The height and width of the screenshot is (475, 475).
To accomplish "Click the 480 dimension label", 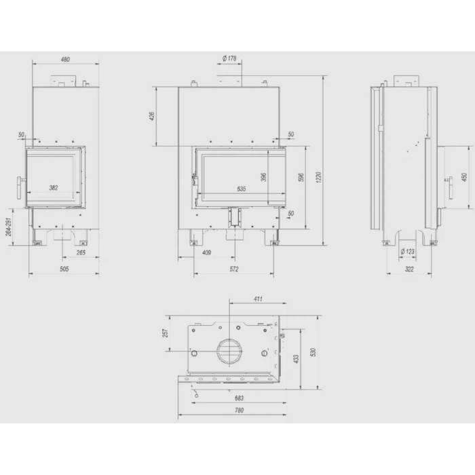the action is pyautogui.click(x=65, y=60).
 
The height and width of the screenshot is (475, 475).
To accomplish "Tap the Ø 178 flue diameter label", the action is pyautogui.click(x=229, y=58).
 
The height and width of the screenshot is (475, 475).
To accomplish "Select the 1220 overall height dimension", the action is pyautogui.click(x=318, y=177).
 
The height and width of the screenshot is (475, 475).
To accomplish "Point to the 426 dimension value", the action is pyautogui.click(x=152, y=116).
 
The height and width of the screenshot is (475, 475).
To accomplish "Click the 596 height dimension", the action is pyautogui.click(x=301, y=178).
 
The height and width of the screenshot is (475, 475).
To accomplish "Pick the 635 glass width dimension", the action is pyautogui.click(x=242, y=189).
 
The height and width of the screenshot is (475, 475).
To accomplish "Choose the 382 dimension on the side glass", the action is pyautogui.click(x=54, y=188).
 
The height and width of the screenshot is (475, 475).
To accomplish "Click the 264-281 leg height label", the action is pyautogui.click(x=9, y=227).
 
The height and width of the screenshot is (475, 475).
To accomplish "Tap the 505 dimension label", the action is pyautogui.click(x=64, y=269).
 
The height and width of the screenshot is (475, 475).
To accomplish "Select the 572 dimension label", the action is pyautogui.click(x=234, y=269).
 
